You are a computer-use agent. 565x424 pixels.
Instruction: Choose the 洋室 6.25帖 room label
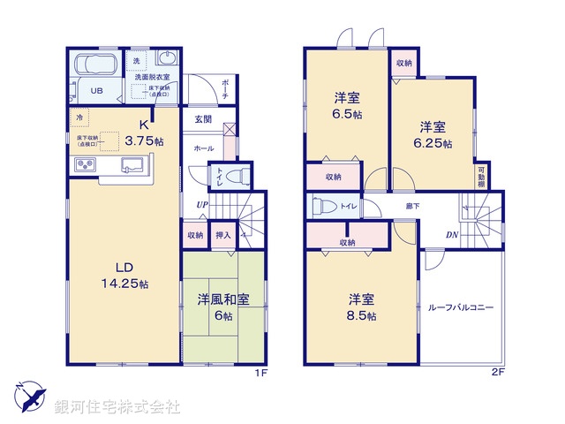[435, 133]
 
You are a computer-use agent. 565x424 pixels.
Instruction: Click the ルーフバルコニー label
[460, 307]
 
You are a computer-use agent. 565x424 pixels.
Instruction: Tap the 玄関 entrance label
[203, 118]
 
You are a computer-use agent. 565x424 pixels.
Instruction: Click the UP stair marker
[203, 205]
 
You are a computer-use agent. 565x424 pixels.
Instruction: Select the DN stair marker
[450, 236]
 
